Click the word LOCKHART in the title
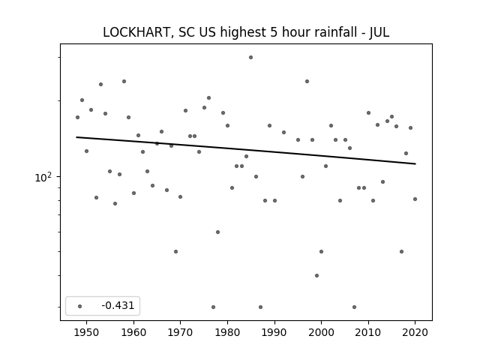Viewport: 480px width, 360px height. pos(136,32)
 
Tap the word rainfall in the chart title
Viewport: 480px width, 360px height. pos(331,32)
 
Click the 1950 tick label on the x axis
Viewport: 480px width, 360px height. pos(87,332)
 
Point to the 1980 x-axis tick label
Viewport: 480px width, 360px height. pos(227,332)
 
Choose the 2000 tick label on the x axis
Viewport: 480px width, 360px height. pos(321,332)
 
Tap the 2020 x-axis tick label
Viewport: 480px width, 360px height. pos(415,332)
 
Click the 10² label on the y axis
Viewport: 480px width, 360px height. pos(43,177)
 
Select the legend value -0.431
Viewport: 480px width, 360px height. pos(118,305)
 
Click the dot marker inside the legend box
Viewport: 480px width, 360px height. pos(79,306)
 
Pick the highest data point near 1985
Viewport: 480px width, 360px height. pos(250,57)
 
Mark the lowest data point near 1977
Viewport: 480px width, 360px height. pos(213,307)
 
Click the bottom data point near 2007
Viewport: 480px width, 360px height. pos(354,307)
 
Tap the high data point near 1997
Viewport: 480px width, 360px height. pos(307,82)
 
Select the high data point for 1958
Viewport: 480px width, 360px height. pos(124,82)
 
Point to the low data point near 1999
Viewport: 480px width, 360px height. pos(316,275)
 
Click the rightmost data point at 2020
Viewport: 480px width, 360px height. pos(415,199)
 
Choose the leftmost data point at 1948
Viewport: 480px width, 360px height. pos(77,117)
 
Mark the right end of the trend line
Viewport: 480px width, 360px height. pos(415,163)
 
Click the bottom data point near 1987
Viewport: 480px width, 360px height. pos(260,307)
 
